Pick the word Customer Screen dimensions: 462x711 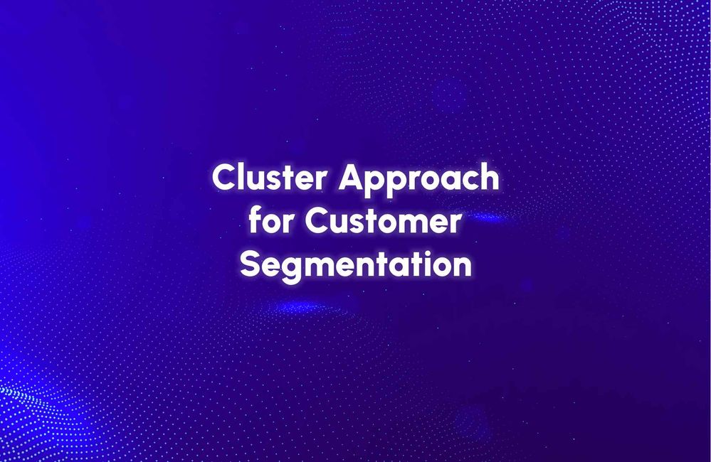pos(384,222)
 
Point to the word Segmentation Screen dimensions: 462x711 pos(356,266)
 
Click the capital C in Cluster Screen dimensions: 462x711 pos(223,178)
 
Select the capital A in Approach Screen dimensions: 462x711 pos(350,178)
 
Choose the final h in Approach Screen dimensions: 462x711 pos(489,178)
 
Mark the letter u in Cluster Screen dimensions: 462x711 pos(258,181)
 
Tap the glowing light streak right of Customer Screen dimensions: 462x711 pos(490,217)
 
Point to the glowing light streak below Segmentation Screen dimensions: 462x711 pos(298,307)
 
